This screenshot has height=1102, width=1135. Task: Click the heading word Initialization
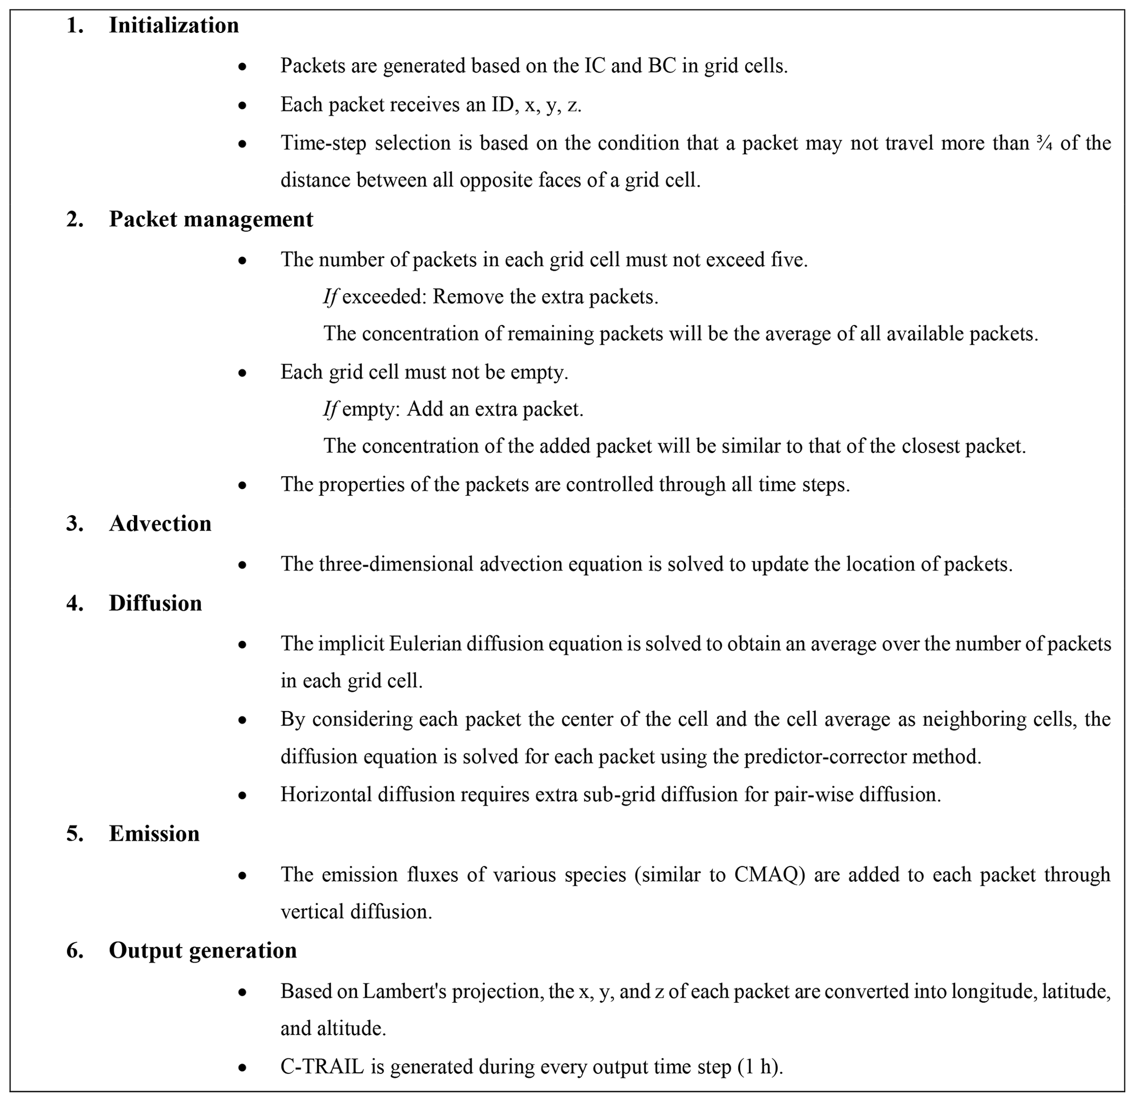click(174, 25)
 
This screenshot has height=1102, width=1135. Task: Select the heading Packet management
click(211, 219)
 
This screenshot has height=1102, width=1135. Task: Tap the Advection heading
click(160, 523)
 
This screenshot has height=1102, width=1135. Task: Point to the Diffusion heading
click(155, 603)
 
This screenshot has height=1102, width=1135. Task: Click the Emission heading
click(154, 834)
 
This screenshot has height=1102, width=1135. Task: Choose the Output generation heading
click(203, 950)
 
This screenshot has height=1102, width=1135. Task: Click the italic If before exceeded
click(330, 297)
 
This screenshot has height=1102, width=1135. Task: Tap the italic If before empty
click(330, 410)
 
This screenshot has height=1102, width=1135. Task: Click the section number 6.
click(75, 950)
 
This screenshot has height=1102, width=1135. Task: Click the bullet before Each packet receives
click(243, 105)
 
